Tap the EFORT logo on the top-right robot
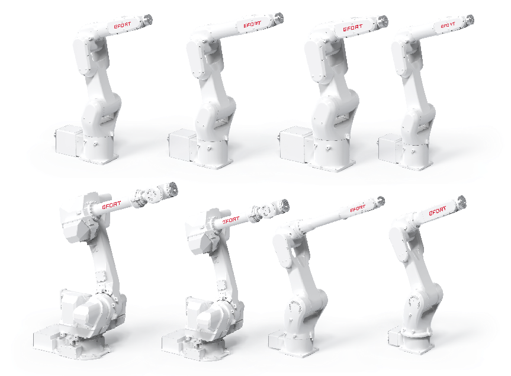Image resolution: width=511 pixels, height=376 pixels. pos(449,25)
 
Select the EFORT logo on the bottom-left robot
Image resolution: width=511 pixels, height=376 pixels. pos(111,206)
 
